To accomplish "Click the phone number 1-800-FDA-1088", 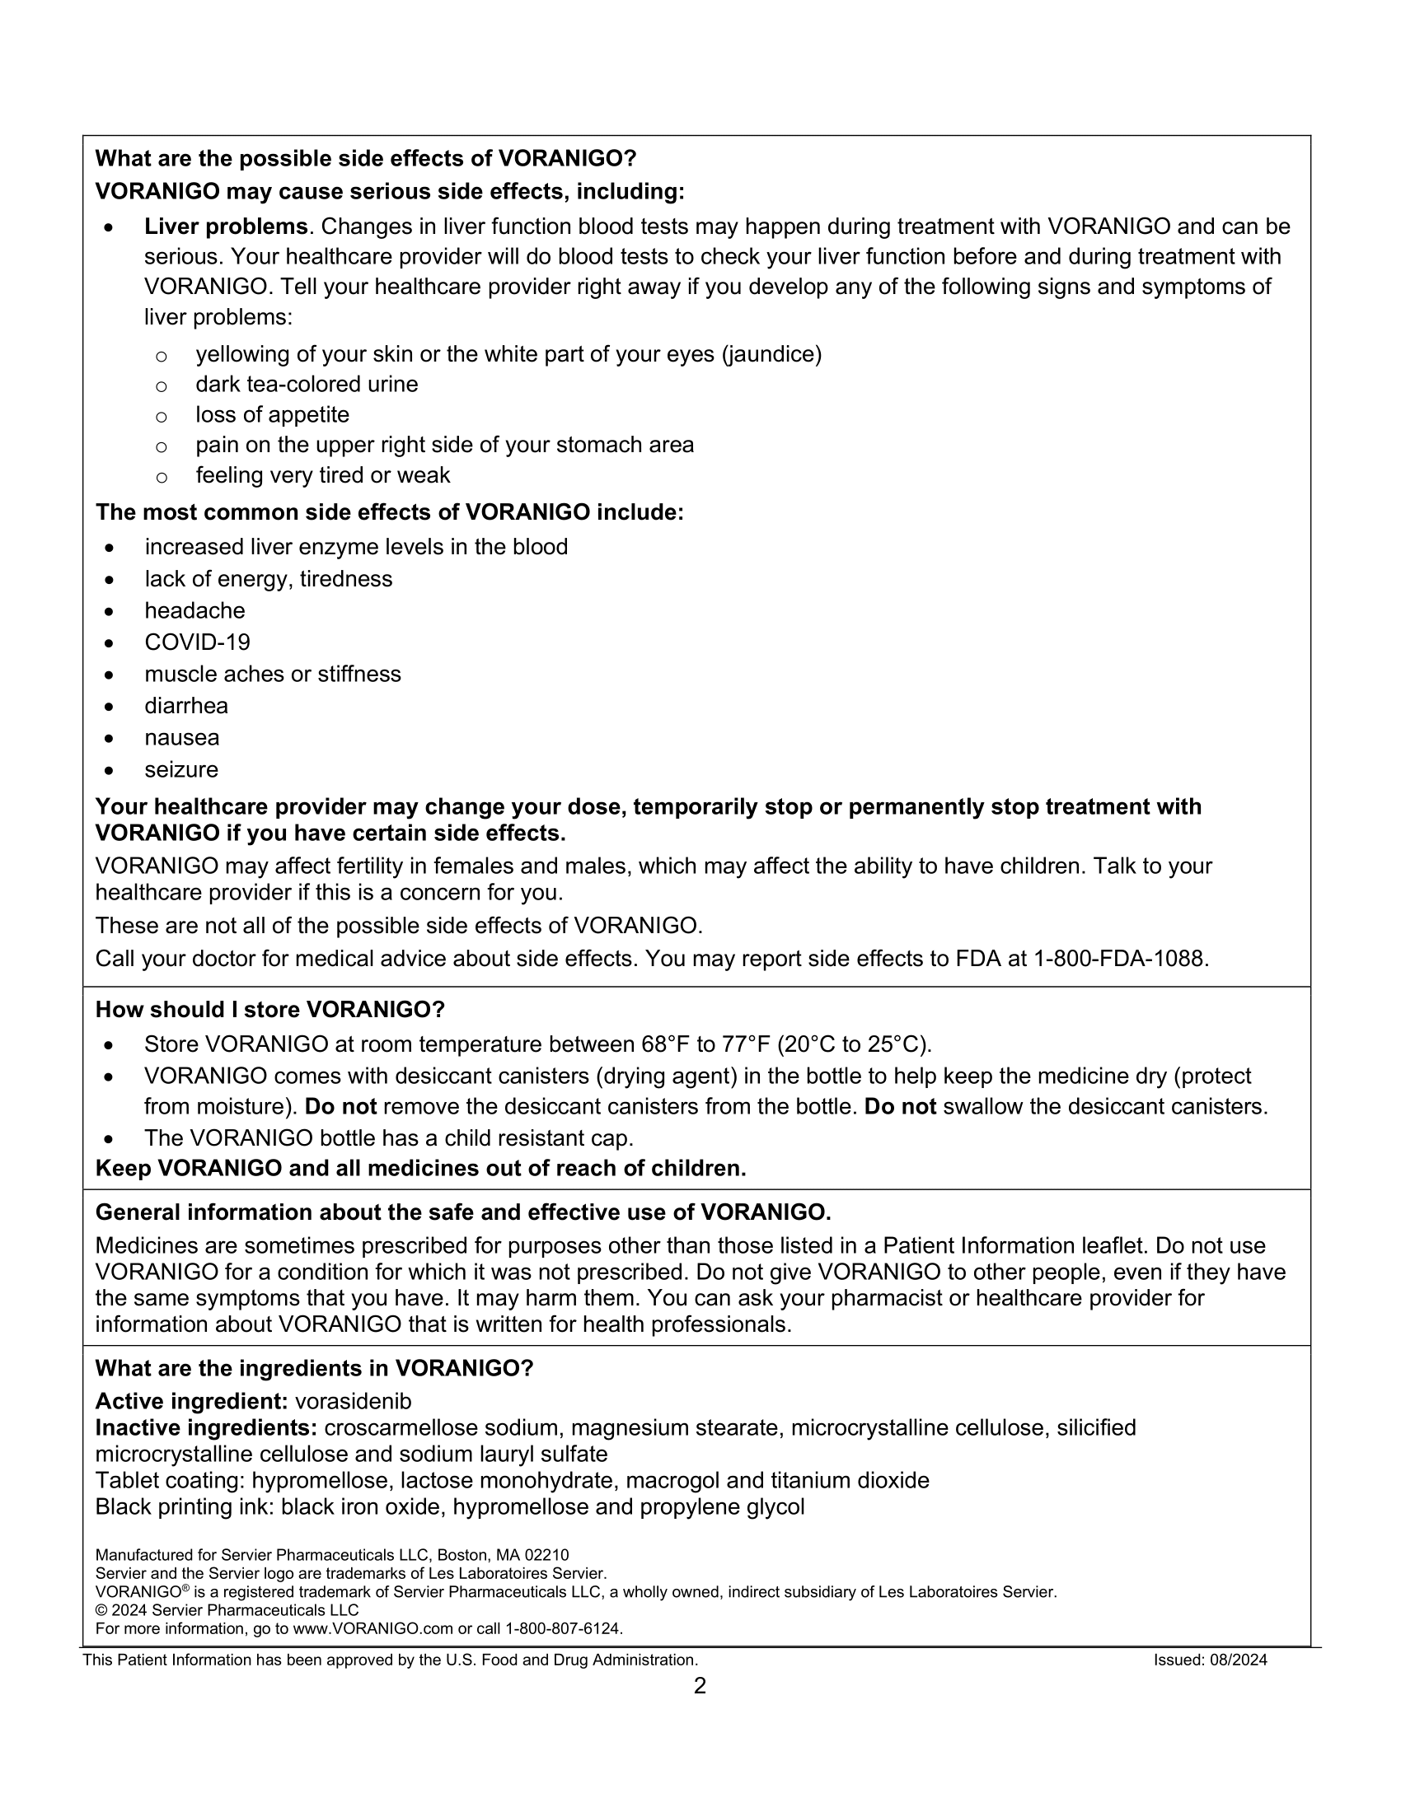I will tap(1121, 958).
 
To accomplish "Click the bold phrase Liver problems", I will tap(226, 226).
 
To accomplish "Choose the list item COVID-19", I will tap(198, 642).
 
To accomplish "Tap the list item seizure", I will tap(182, 769).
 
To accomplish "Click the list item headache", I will tap(195, 610).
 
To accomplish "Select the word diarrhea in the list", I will tap(187, 706).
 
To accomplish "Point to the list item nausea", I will tap(183, 738).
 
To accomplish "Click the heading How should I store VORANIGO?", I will tap(269, 1010).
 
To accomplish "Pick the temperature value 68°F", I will tap(666, 1044).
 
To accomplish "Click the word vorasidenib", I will tap(353, 1401).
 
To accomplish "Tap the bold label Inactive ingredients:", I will tap(207, 1428).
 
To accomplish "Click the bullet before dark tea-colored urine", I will tap(162, 385).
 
